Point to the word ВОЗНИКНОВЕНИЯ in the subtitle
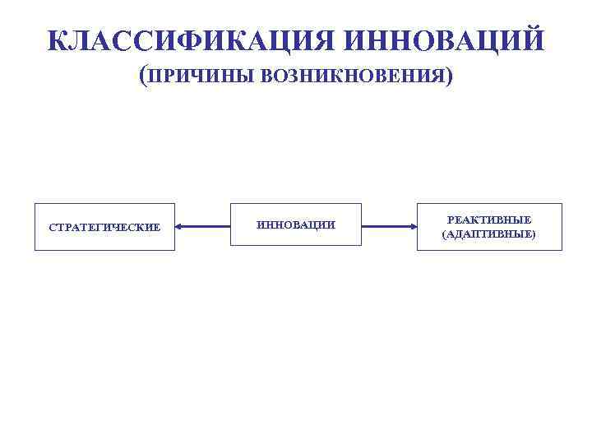(x=353, y=77)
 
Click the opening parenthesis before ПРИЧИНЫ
(x=143, y=77)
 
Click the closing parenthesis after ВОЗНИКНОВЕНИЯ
(x=449, y=77)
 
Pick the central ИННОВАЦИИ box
(x=296, y=224)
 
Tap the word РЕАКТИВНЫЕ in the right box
(x=489, y=220)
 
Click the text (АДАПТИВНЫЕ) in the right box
(x=489, y=234)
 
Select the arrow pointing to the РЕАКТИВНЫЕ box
(x=389, y=226)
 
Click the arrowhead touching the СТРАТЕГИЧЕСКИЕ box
(x=180, y=226)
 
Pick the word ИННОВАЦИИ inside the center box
(x=296, y=225)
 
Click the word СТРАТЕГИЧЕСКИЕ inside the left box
(x=104, y=227)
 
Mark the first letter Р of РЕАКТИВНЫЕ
(x=451, y=220)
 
